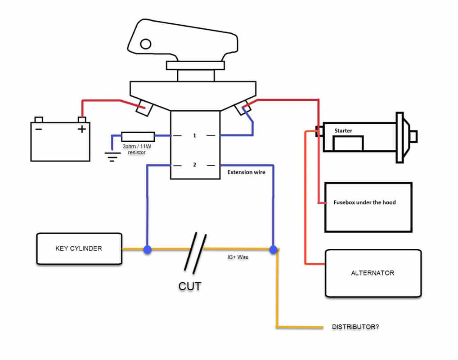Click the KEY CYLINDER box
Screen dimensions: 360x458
point(79,248)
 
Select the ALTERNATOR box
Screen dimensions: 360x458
point(373,273)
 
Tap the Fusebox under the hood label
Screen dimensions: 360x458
point(364,202)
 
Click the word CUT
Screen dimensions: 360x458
point(189,286)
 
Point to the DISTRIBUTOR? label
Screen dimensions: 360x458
point(355,327)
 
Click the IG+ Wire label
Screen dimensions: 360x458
point(238,257)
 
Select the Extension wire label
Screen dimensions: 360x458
point(246,172)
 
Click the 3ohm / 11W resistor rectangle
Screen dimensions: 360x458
point(138,136)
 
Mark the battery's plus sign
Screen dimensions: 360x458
point(81,130)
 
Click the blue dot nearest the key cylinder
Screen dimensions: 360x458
point(147,249)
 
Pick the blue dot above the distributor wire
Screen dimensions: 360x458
point(273,249)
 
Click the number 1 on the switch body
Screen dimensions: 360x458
point(195,135)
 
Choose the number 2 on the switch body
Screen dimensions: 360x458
point(195,165)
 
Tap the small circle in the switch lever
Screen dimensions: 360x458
point(145,44)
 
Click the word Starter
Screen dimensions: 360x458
point(343,131)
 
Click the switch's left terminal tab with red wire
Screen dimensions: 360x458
point(144,108)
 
